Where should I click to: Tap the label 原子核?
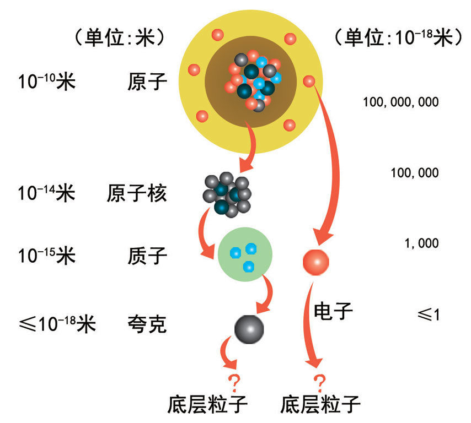pos(137,194)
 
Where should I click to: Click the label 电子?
pos(333,311)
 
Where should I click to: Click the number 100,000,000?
pos(401,102)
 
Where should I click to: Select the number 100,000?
pos(414,173)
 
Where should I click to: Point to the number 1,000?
pos(421,243)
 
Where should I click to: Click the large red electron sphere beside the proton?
pos(316,261)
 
